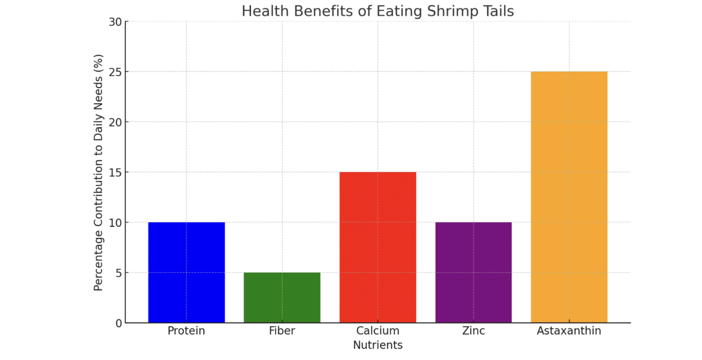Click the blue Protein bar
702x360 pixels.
pos(186,272)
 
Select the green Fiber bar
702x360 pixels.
pos(282,298)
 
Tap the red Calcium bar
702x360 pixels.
pos(377,247)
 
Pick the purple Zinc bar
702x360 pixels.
pos(473,272)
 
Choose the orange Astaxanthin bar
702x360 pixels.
pos(569,197)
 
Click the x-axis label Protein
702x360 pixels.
pos(186,331)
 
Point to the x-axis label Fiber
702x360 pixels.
pos(282,331)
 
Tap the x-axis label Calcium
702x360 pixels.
pos(377,331)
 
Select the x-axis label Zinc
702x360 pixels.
pos(473,331)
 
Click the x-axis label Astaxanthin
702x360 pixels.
pos(569,331)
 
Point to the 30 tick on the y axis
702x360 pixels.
pos(115,22)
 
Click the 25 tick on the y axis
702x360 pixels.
pos(115,72)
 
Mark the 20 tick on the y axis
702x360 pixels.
pos(115,122)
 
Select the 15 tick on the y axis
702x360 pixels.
pos(115,172)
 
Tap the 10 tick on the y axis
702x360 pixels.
pos(115,223)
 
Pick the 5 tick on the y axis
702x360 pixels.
pos(118,273)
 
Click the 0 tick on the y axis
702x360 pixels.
pos(118,323)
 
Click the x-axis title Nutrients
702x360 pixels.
pos(377,345)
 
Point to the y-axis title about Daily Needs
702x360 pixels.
pos(98,172)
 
